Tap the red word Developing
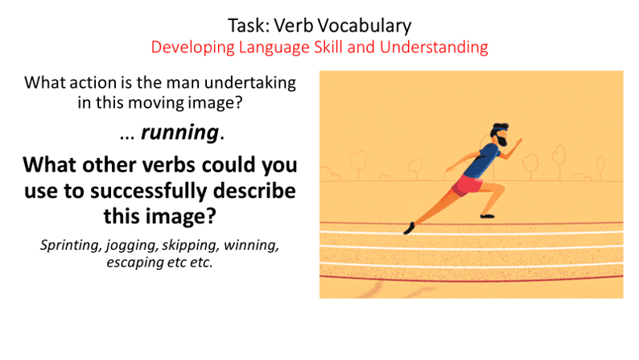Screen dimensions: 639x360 click(x=193, y=48)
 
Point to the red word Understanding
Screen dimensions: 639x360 click(x=434, y=48)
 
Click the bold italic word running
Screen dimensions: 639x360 click(x=179, y=133)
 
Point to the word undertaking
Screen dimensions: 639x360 click(x=250, y=83)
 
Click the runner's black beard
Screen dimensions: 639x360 click(x=502, y=141)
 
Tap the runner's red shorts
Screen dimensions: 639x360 click(x=468, y=185)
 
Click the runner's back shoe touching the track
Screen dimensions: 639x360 click(x=409, y=228)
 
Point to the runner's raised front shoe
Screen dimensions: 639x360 click(x=487, y=216)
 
